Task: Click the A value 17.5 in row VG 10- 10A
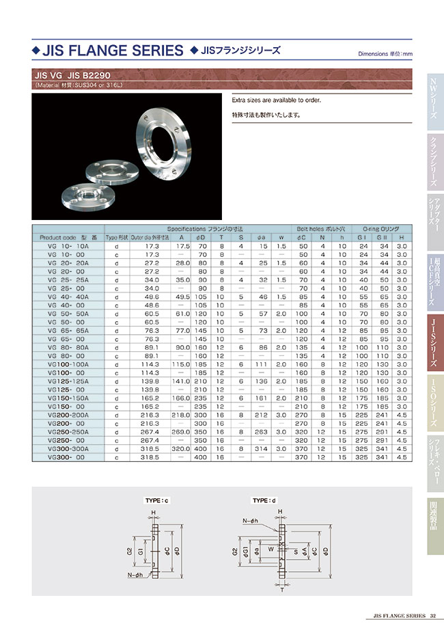coord(182,245)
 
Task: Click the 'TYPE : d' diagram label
coord(265,501)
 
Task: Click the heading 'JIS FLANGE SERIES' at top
coord(113,51)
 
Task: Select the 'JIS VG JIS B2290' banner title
coord(72,75)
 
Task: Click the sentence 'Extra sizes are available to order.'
coord(277,100)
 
